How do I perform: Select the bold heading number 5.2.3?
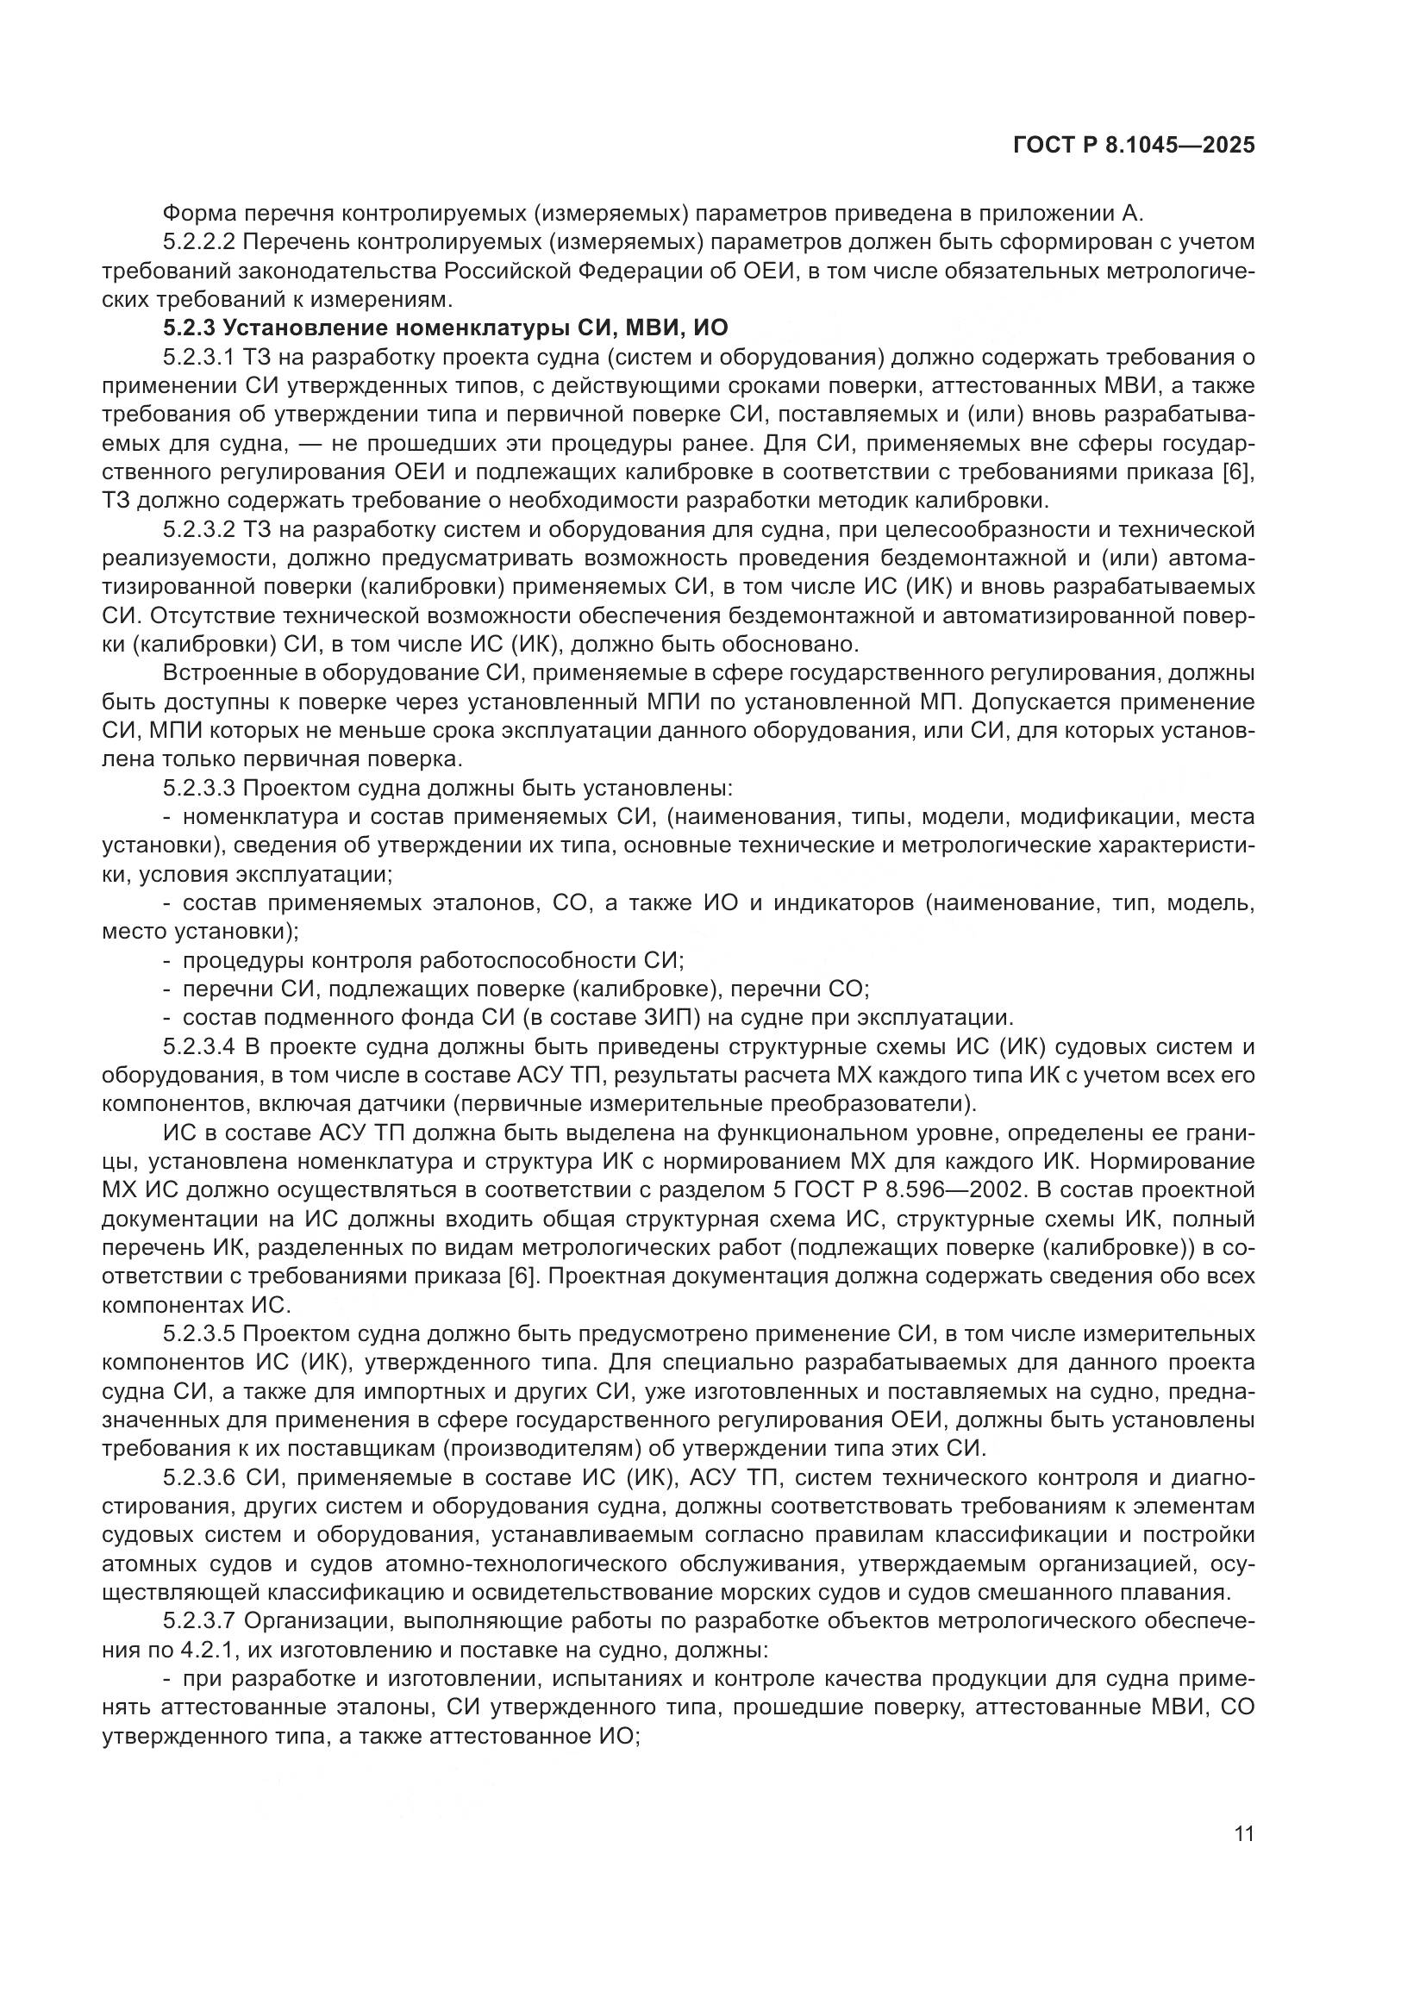click(190, 328)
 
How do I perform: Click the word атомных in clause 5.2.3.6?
click(153, 1564)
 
